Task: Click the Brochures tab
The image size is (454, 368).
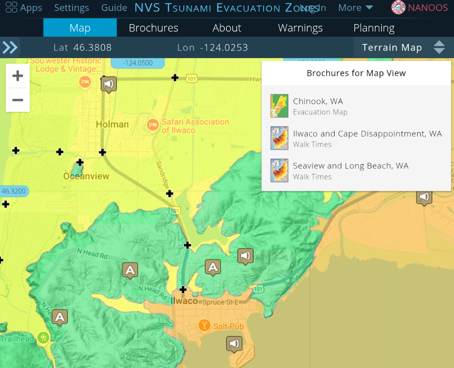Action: tap(153, 28)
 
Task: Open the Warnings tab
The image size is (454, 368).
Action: tap(300, 28)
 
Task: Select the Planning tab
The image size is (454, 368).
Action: tap(374, 28)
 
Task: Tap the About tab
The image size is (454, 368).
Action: tap(227, 28)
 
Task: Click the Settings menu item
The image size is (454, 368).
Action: tap(71, 8)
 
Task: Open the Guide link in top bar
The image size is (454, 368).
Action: tap(114, 8)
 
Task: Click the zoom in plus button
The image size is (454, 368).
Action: tap(18, 76)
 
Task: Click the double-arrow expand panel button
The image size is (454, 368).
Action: tap(10, 47)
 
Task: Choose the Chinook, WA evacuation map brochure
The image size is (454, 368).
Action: tap(318, 106)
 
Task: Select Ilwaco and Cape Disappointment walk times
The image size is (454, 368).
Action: tap(367, 138)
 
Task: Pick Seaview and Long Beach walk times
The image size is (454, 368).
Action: tap(351, 170)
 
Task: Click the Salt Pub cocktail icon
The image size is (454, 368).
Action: tap(204, 325)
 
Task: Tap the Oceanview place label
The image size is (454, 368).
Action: tap(86, 176)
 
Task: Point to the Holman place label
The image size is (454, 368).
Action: tap(112, 124)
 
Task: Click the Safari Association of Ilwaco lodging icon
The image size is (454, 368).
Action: tap(152, 124)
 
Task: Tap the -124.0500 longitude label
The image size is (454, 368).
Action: tap(138, 63)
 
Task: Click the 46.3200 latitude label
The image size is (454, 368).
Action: tap(14, 191)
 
